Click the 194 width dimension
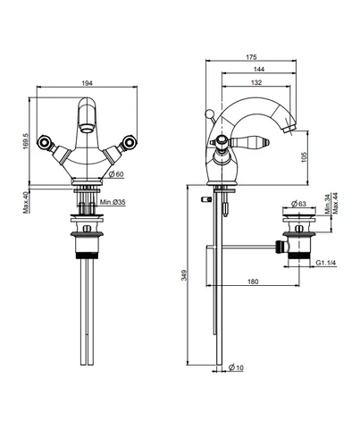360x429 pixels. tap(87, 83)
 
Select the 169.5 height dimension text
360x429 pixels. tap(25, 141)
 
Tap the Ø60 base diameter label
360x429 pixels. tap(116, 174)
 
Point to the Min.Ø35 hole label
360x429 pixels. tap(113, 202)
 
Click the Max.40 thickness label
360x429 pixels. tap(26, 203)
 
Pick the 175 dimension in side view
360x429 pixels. tap(251, 57)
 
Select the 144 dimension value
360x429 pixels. tap(259, 69)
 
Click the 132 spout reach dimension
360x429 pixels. tap(256, 82)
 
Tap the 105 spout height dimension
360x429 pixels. tap(304, 157)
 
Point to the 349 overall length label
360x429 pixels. tap(184, 275)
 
